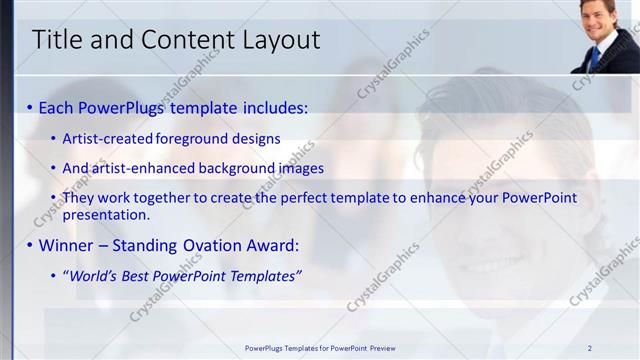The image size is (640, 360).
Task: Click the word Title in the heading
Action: pyautogui.click(x=57, y=40)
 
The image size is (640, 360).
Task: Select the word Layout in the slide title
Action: pyautogui.click(x=282, y=40)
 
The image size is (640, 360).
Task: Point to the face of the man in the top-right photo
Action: pyautogui.click(x=600, y=20)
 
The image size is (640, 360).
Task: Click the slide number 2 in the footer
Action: pyautogui.click(x=589, y=348)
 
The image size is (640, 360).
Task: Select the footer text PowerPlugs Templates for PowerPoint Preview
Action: pyautogui.click(x=320, y=348)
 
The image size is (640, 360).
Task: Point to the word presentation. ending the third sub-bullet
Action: pyautogui.click(x=106, y=214)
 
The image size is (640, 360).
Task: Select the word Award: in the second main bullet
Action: pyautogui.click(x=272, y=245)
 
